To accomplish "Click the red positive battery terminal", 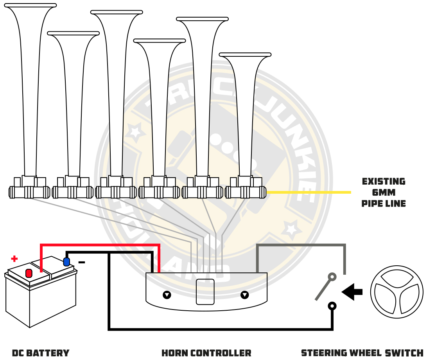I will click(29, 273).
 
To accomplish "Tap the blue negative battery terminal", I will click(66, 262).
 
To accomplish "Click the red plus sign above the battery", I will click(14, 259).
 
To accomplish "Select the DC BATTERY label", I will click(41, 353).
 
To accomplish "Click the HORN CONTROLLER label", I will click(206, 353).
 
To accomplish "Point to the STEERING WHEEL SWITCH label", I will click(362, 353).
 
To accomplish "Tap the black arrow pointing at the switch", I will click(352, 292).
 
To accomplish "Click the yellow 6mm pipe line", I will click(309, 192).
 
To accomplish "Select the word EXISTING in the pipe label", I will click(384, 182).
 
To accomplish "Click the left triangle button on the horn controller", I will click(167, 295).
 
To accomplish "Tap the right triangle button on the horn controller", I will click(245, 295).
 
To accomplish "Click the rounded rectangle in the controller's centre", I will click(205, 292).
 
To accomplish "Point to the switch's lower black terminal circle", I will click(332, 306).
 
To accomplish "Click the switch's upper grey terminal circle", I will click(332, 276).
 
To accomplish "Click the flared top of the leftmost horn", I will click(30, 5).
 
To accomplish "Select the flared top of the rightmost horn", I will click(245, 55).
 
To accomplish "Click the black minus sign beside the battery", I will click(82, 262).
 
